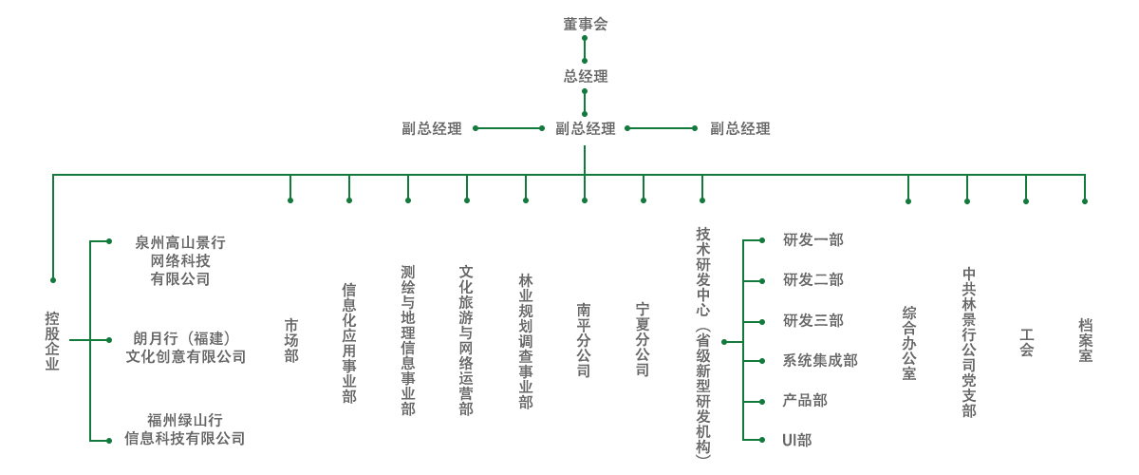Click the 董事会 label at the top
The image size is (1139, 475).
[586, 24]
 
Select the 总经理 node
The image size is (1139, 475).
[586, 76]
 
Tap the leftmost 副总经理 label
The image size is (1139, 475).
[432, 128]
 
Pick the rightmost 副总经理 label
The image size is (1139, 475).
[739, 128]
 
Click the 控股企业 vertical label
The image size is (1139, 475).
[52, 341]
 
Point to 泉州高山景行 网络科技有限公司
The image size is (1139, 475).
[180, 260]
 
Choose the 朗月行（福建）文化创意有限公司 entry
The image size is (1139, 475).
[186, 347]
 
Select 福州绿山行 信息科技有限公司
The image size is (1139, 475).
[184, 429]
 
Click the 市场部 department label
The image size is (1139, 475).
[291, 340]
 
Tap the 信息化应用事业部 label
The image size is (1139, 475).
[349, 343]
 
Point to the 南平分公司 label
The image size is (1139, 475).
[584, 339]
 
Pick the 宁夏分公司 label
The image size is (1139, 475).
[643, 339]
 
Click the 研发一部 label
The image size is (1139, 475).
[813, 239]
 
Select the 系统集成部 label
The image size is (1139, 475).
[820, 360]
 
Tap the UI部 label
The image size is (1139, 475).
[796, 440]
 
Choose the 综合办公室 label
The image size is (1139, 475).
[909, 343]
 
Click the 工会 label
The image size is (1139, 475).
[1027, 342]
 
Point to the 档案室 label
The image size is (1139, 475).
[1086, 340]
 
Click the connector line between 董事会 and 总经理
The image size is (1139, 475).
[585, 49]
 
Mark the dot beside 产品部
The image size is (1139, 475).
[762, 402]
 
